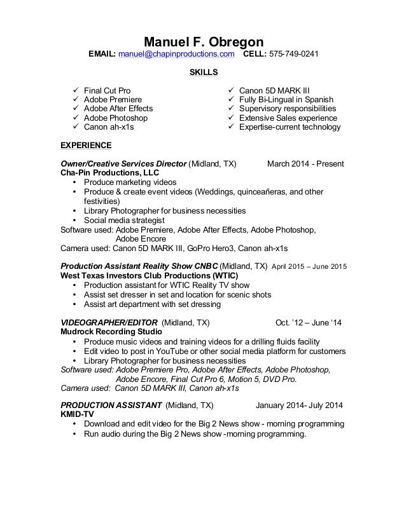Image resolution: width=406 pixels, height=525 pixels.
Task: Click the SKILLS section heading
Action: (x=204, y=72)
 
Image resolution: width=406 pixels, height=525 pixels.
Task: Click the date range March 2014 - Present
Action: (x=305, y=164)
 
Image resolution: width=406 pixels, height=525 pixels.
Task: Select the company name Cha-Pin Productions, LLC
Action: (x=109, y=173)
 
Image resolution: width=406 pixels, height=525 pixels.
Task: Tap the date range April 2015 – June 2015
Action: (x=309, y=266)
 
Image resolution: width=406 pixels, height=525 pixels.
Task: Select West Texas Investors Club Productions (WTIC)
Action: (x=150, y=275)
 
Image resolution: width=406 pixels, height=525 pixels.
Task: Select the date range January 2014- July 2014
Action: (x=299, y=406)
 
